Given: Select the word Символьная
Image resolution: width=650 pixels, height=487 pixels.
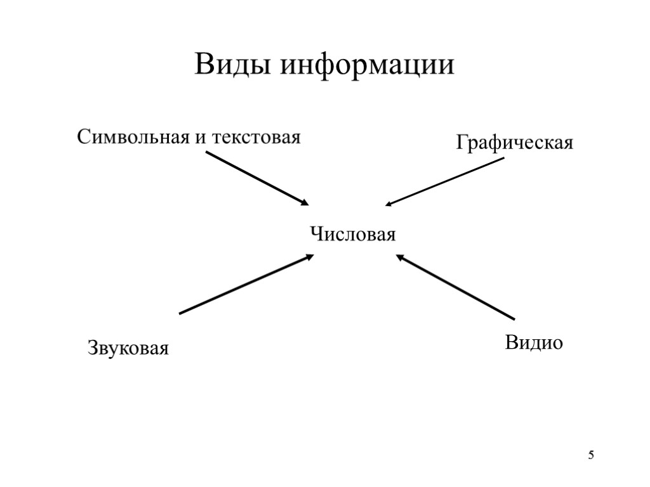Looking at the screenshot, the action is pos(133,137).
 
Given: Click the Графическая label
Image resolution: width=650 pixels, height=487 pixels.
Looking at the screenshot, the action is pos(514,143).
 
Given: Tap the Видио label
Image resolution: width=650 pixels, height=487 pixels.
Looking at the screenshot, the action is pos(534,343).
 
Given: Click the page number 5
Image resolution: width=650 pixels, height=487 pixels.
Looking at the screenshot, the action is pos(592,455).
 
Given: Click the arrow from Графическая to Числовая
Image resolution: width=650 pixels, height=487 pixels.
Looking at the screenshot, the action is pos(444,182).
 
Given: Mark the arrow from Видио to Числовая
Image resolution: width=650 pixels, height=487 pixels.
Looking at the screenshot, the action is pos(455,287).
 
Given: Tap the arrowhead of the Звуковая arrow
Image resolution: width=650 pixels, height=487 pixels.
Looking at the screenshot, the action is pos(309,257).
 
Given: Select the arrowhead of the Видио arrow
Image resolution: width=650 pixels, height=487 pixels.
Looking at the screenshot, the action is pos(401,257).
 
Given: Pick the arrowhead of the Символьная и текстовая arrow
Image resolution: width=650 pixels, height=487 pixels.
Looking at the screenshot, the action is pos(305,202).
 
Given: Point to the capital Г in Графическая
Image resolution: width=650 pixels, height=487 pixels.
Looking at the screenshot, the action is pos(461,142).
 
